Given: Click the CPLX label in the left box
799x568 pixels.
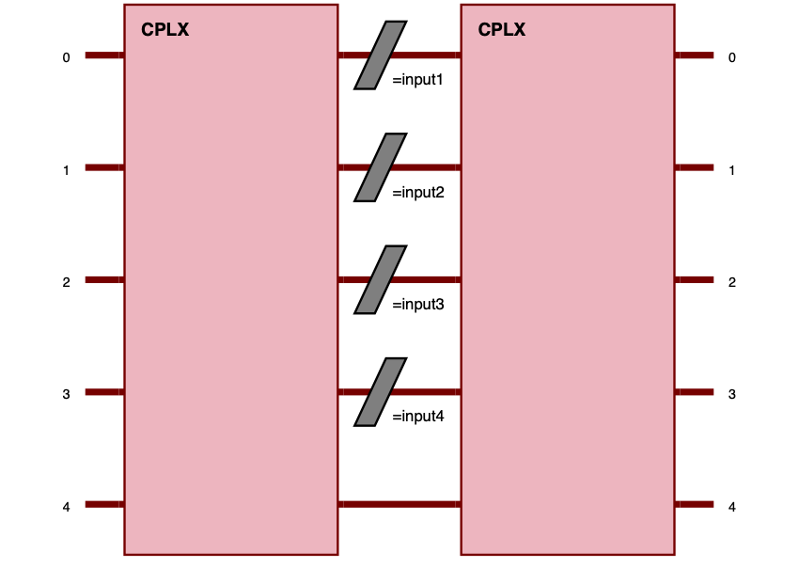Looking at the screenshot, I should click(164, 30).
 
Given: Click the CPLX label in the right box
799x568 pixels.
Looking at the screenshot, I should click(501, 30).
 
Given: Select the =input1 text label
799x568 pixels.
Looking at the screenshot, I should click(417, 80).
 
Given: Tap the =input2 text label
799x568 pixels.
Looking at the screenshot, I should click(417, 193).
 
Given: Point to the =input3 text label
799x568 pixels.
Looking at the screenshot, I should click(417, 305).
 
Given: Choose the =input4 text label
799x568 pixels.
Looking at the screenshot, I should click(417, 417).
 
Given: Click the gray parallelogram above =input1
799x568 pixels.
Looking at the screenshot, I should click(381, 55).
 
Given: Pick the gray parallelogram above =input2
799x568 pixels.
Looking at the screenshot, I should click(381, 167).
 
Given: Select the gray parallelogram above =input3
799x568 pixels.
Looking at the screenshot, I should click(381, 279).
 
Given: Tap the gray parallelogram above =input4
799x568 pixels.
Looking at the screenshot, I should click(381, 391).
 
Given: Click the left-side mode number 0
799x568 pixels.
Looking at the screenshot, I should click(66, 57).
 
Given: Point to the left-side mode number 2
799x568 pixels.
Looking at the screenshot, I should click(66, 282).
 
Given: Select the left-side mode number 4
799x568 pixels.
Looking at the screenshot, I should click(66, 507).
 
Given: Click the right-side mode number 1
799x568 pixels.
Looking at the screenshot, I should click(731, 170).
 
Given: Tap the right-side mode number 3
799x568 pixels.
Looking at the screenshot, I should click(731, 395).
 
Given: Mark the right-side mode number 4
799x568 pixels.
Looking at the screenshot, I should click(731, 507).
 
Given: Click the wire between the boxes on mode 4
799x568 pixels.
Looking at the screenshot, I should click(399, 504).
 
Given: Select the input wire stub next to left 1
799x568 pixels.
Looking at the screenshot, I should click(104, 167).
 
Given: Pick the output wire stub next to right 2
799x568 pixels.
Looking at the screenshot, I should click(694, 279).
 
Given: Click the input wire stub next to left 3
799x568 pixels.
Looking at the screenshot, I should click(104, 391).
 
